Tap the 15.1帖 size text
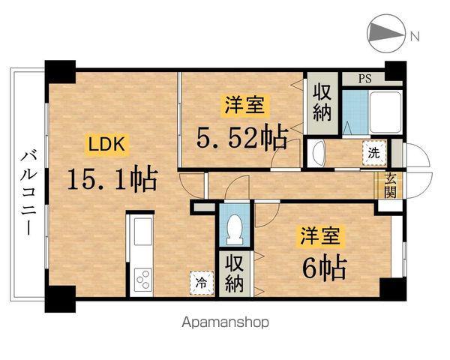112,178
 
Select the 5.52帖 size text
242,137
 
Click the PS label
363,76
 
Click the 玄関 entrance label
391,184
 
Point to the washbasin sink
317,154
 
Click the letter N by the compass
414,34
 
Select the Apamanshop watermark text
224,322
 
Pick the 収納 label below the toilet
233,274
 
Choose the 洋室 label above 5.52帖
242,106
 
